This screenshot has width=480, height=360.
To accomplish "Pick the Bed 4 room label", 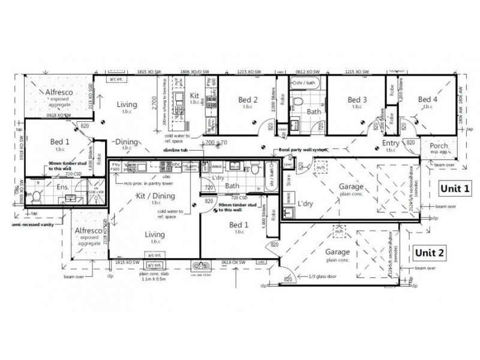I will point(429,100).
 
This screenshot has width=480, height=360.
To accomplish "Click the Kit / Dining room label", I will point(155,197).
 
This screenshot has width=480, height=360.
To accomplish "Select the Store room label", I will point(287,176).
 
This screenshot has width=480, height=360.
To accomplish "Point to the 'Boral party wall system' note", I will point(303,150).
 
